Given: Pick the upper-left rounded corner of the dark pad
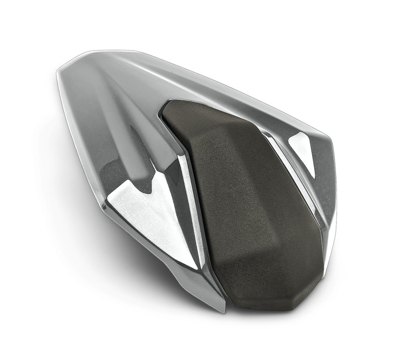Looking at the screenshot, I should pyautogui.click(x=169, y=106).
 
